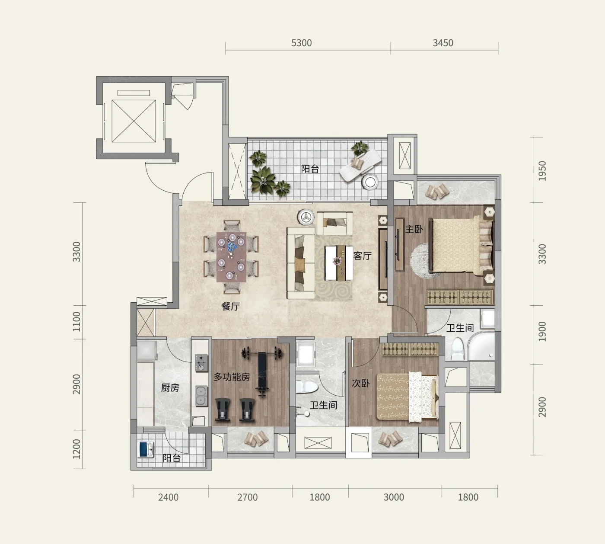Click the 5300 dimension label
coord(301,43)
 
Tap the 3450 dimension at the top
coord(443,43)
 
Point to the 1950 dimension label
coord(542,171)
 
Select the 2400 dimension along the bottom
coord(169,497)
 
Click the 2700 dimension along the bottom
coord(248,497)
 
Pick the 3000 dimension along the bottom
coord(394,497)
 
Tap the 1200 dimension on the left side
coord(76,449)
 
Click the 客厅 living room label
coord(363,256)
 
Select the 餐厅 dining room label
coord(230,306)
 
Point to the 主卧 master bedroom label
coord(414,229)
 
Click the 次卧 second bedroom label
coord(361,383)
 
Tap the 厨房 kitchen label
coord(170,387)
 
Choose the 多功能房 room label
coord(232,377)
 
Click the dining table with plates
coord(232,257)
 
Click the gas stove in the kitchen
coord(201,362)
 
